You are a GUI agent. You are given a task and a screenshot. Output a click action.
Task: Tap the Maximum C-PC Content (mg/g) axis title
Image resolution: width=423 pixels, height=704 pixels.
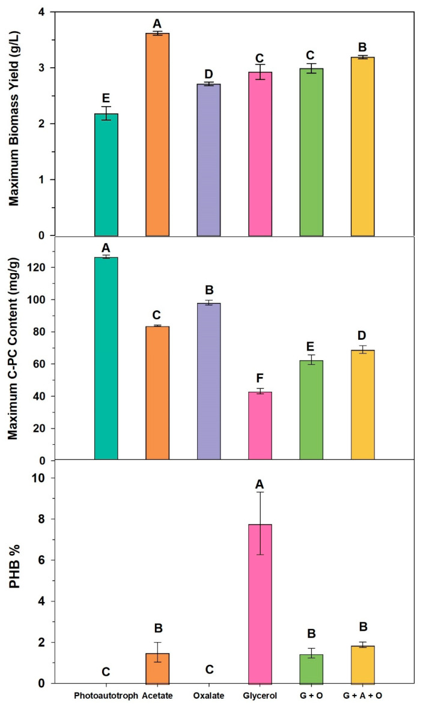coord(14,349)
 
